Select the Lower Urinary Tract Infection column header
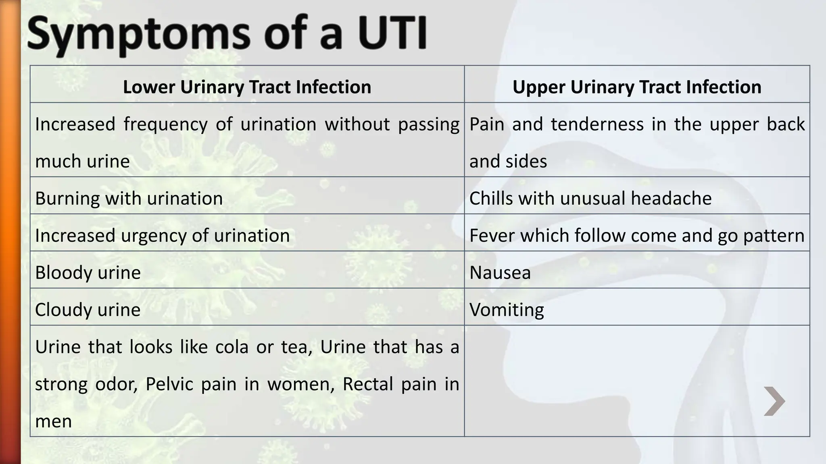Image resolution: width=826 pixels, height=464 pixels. pyautogui.click(x=247, y=87)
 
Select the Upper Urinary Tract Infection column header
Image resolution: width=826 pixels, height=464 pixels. pyautogui.click(x=636, y=87)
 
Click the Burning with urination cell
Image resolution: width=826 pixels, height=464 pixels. pyautogui.click(x=129, y=198)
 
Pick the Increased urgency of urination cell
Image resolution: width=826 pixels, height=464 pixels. pyautogui.click(x=162, y=235)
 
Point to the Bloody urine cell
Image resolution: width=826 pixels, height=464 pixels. pyautogui.click(x=88, y=273)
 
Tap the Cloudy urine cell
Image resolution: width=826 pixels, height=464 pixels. pyautogui.click(x=88, y=310)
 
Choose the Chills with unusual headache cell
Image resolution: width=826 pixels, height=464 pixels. pyautogui.click(x=590, y=198)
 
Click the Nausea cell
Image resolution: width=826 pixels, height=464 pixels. pyautogui.click(x=500, y=273)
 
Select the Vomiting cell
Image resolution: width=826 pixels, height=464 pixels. pyautogui.click(x=507, y=310)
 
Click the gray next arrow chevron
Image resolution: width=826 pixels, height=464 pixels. pyautogui.click(x=774, y=401)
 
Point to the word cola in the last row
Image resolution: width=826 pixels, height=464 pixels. pyautogui.click(x=232, y=347)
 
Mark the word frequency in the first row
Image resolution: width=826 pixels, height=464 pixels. pyautogui.click(x=165, y=124)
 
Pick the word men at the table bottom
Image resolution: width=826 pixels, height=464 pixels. pyautogui.click(x=53, y=421)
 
